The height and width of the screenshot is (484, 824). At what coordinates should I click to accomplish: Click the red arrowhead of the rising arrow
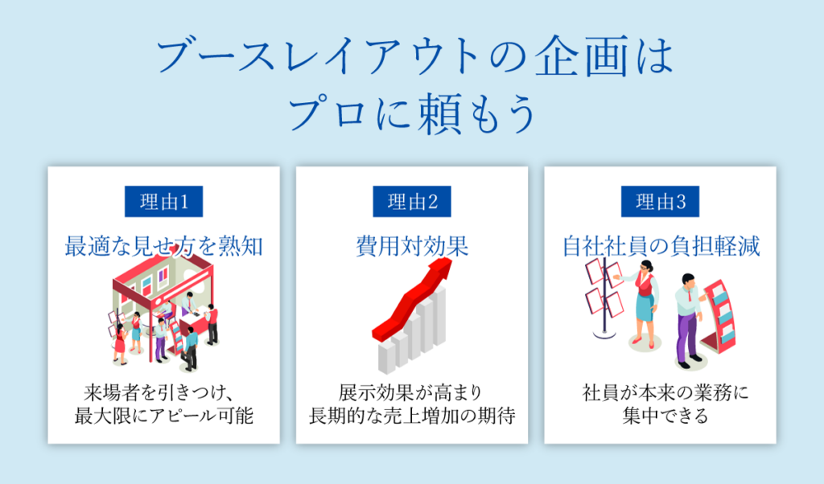441,273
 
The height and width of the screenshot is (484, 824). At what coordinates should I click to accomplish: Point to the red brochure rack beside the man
720,318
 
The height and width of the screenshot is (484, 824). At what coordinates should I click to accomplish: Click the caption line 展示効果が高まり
411,394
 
